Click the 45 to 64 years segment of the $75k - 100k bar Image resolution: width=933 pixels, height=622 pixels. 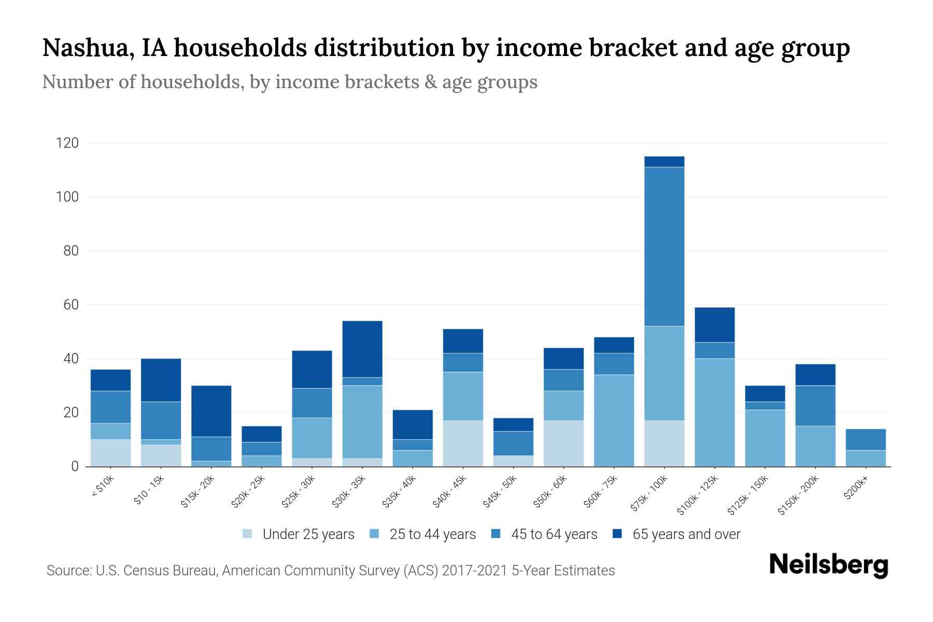664,246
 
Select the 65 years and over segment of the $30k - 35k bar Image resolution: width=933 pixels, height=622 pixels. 362,349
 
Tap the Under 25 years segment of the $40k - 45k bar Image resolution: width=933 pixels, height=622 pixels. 463,443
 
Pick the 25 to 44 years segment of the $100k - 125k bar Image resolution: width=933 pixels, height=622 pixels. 714,412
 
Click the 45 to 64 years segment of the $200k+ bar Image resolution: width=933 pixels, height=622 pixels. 865,440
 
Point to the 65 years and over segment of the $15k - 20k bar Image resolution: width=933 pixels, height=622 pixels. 211,411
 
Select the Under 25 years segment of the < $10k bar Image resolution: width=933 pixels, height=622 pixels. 110,453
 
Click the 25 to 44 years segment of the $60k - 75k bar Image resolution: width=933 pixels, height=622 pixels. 614,420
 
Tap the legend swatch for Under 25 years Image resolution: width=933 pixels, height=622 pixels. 248,534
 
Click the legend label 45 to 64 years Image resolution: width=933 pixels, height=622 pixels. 554,534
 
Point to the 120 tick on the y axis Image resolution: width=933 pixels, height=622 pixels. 67,143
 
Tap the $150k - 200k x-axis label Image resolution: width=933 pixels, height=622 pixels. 799,494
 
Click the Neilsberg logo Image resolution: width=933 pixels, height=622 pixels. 828,565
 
